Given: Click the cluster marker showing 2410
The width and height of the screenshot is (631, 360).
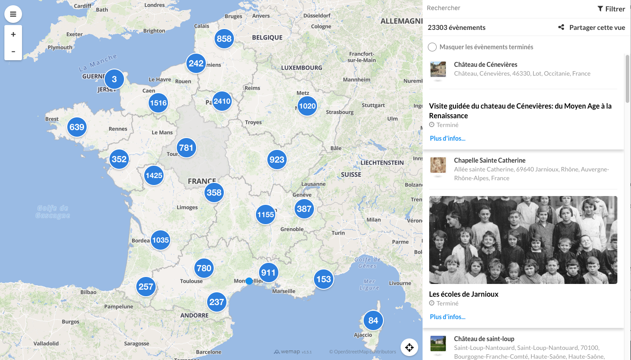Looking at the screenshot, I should (x=222, y=101).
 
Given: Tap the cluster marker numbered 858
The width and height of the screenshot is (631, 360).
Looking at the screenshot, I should (x=224, y=39).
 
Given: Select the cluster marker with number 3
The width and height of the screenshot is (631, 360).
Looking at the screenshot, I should (x=114, y=79).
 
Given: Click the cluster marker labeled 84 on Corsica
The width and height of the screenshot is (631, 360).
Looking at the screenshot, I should (x=373, y=320).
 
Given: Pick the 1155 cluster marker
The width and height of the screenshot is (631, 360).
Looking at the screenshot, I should (x=266, y=215).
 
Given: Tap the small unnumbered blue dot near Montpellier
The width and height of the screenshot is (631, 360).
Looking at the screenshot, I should (x=249, y=281).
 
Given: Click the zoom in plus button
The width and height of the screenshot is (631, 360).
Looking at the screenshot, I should (x=13, y=34).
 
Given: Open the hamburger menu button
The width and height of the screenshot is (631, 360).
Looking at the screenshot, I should (x=13, y=14).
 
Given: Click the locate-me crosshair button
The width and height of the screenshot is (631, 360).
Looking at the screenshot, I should (x=409, y=348).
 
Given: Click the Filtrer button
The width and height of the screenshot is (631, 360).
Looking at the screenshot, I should (x=611, y=9).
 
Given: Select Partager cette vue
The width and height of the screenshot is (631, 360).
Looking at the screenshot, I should (x=592, y=27).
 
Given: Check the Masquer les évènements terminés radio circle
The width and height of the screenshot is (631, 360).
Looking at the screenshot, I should (x=432, y=47).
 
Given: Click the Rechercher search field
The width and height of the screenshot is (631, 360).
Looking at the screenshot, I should (x=506, y=8).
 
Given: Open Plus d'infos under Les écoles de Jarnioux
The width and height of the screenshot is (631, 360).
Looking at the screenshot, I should (x=448, y=316).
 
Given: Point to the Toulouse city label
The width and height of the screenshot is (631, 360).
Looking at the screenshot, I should (x=191, y=281).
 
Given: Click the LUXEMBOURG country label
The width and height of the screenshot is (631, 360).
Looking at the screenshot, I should (x=302, y=68).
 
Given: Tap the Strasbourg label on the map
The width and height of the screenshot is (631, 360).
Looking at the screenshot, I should (x=340, y=112).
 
